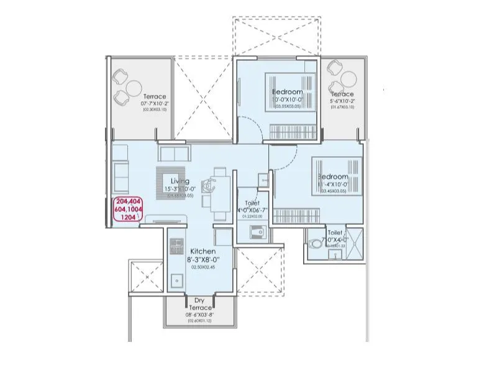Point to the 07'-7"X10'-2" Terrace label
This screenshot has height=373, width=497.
click(155, 97)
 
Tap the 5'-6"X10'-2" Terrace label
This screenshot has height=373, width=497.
click(342, 94)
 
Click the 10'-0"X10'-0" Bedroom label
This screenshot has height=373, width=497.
click(287, 93)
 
